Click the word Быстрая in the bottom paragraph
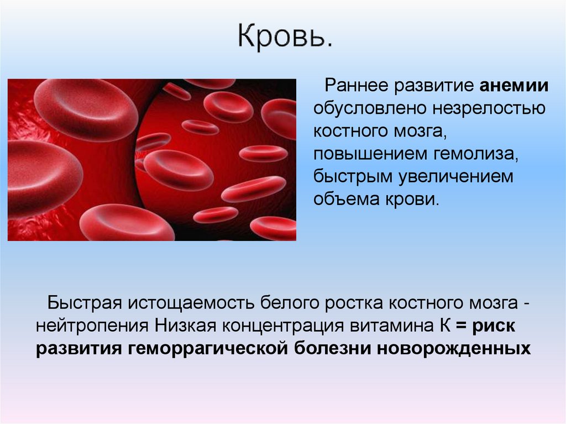tap(83, 303)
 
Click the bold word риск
tap(494, 326)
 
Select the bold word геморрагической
tap(214, 349)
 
